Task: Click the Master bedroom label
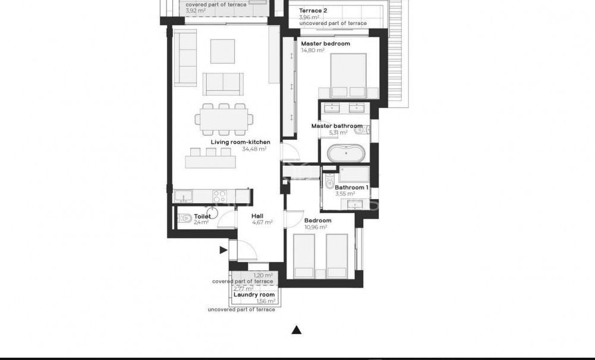325,43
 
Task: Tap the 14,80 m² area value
313,50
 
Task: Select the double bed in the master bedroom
348,75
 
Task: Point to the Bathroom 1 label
351,187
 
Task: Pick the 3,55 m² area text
345,194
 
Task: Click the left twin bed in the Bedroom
304,255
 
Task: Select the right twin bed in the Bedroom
336,255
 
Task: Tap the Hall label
258,216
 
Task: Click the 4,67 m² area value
262,223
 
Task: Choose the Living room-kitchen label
240,142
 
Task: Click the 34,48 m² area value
254,149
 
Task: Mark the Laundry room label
254,295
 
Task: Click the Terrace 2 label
313,11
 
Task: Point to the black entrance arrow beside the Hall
223,250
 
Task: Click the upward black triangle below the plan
297,330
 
